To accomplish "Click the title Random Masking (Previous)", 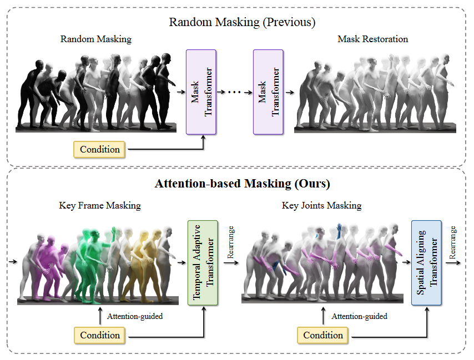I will (242, 22).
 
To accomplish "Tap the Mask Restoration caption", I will (372, 39).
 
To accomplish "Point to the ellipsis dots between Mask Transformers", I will (234, 91).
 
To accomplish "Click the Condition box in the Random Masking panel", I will (100, 149).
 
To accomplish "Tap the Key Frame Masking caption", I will (100, 205).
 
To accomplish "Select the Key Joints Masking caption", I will (322, 205).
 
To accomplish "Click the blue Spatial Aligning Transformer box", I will (426, 263).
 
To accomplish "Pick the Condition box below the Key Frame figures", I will (100, 335).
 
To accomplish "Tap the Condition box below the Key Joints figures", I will (323, 335).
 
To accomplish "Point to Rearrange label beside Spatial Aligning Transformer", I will (453, 242).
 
